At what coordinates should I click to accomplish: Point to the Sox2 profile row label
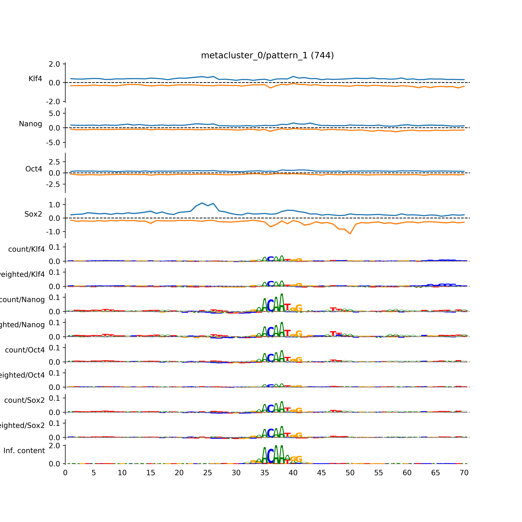click(33, 214)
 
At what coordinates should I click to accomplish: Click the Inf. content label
click(24, 451)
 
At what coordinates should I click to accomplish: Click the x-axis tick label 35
click(264, 473)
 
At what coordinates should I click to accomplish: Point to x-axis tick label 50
click(350, 473)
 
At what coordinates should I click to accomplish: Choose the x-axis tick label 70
click(464, 473)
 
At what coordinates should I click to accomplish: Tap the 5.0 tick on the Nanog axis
click(54, 113)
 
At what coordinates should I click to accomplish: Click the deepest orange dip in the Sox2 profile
click(350, 233)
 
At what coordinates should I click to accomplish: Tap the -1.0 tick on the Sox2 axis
click(53, 232)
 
